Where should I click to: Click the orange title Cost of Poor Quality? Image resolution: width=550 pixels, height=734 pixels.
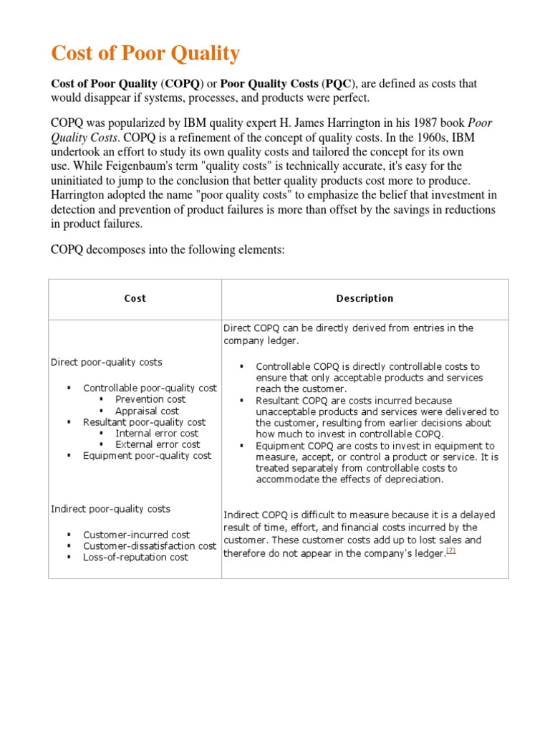(145, 54)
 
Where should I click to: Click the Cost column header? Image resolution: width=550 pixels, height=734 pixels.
(135, 298)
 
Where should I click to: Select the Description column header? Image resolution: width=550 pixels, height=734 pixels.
(365, 298)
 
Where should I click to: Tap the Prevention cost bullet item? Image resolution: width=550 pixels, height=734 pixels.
(150, 399)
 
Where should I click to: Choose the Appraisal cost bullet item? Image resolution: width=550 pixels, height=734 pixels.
(147, 411)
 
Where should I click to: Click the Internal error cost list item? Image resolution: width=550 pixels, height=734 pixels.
(157, 433)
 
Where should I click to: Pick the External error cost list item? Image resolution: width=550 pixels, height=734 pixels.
(158, 444)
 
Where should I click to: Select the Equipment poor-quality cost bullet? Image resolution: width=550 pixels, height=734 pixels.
(147, 455)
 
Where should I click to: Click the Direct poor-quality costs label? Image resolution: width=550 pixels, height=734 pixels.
(106, 362)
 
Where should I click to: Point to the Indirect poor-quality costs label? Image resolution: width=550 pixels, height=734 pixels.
(110, 508)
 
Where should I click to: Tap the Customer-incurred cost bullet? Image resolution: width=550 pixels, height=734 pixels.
(136, 535)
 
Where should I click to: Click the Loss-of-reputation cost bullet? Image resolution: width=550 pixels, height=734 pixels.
(135, 557)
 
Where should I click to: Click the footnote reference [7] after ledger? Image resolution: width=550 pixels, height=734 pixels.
(450, 550)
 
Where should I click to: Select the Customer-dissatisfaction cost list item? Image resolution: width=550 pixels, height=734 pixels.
(149, 545)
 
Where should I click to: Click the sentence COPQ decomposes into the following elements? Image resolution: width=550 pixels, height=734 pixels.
(168, 250)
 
